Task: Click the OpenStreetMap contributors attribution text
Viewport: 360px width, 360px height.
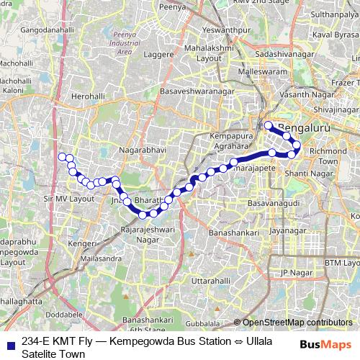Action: pos(297,323)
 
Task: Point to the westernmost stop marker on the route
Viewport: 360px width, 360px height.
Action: pos(62,156)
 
